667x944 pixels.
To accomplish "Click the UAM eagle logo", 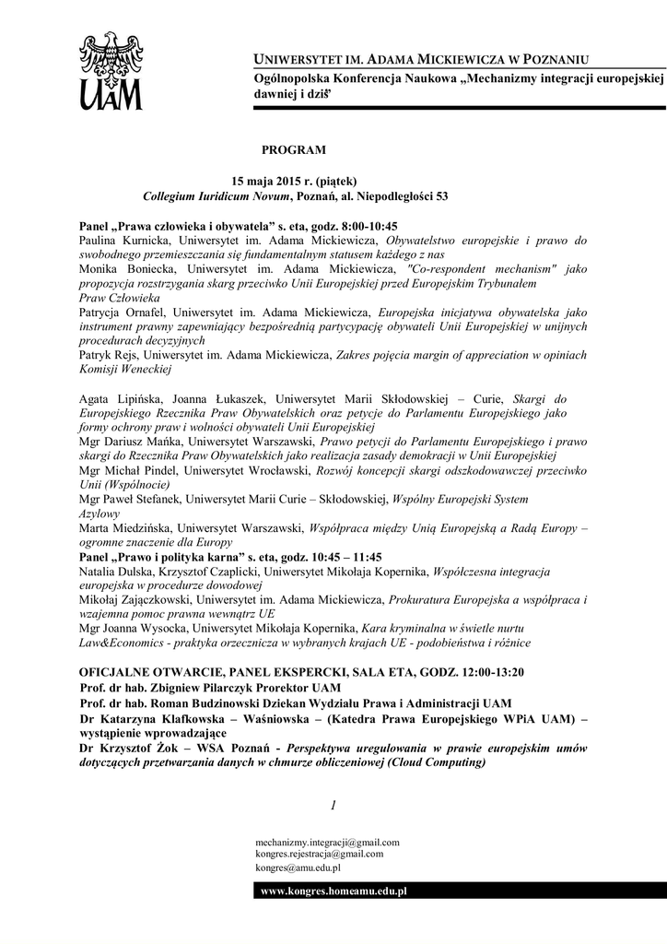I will pos(111,70).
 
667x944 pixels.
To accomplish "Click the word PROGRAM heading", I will pos(293,148).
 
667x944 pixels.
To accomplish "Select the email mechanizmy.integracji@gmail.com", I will pos(327,842).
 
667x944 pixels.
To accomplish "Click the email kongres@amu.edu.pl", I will pos(299,867).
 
